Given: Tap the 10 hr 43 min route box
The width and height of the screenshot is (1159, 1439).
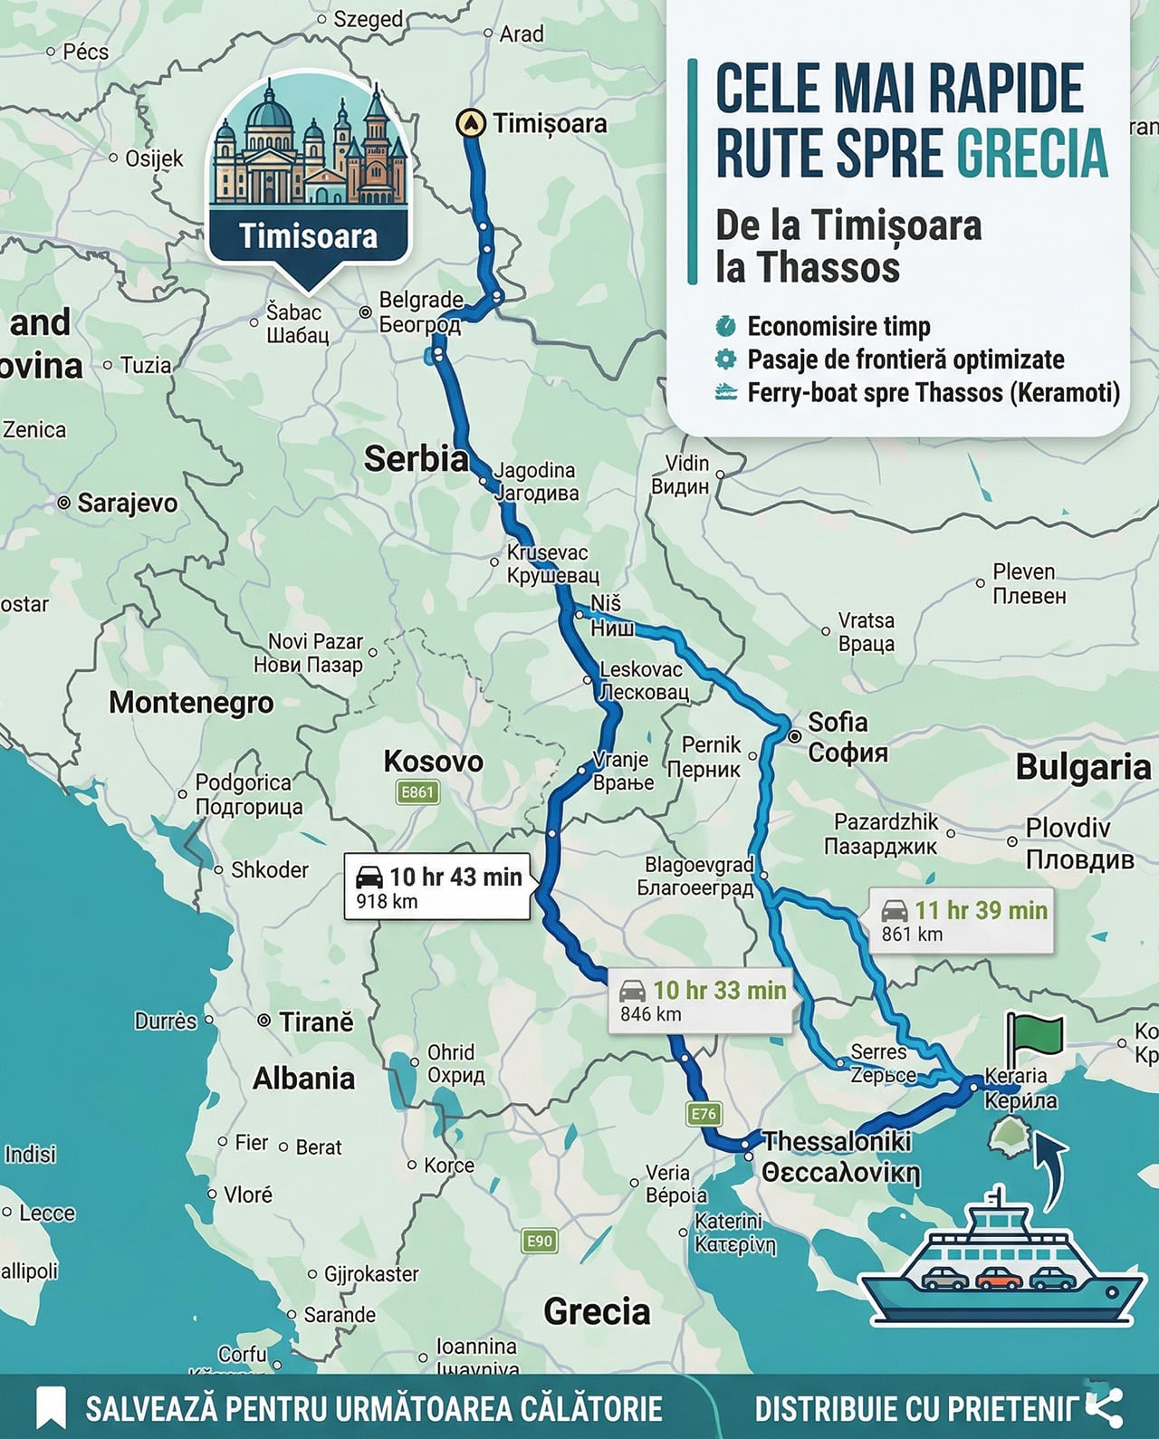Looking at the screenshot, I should point(438,887).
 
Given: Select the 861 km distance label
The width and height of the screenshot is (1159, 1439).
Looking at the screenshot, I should point(912,935).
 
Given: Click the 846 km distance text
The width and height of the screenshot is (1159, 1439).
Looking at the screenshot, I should point(650,1014).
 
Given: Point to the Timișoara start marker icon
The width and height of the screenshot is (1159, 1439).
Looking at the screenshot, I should point(469,122).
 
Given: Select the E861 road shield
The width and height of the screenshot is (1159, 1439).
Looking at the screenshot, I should point(417,792).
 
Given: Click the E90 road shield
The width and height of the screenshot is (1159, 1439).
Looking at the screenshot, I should point(540,1241).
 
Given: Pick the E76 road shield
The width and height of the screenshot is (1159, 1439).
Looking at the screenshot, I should point(704,1114).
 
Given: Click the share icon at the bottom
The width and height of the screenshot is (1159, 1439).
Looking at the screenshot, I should point(1104,1407).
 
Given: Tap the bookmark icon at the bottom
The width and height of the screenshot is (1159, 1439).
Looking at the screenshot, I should point(52,1408).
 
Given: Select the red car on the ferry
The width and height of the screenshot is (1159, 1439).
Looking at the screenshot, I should point(1000,1280).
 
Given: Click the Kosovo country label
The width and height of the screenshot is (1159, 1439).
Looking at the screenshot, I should point(433,762).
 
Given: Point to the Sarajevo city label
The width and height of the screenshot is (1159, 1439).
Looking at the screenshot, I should point(127,503).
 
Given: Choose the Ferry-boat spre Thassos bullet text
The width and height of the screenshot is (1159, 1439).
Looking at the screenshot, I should point(933,393).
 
